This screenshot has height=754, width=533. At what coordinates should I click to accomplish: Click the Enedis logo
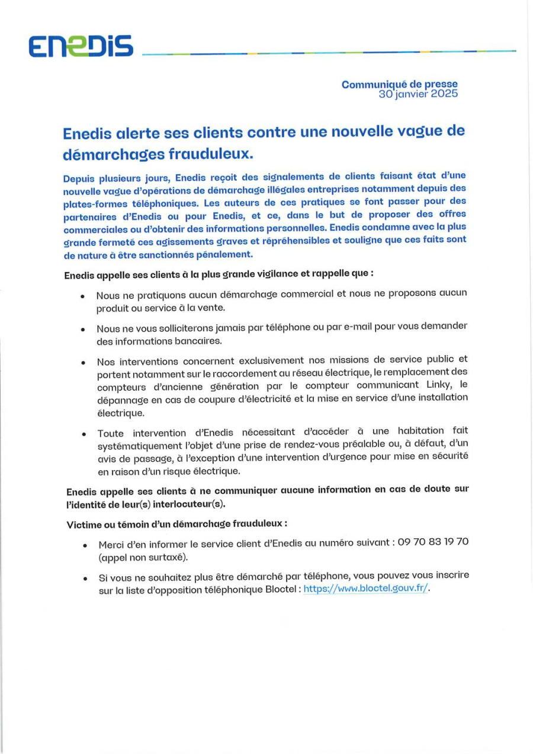[82, 47]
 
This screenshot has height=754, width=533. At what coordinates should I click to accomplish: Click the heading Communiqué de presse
[399, 85]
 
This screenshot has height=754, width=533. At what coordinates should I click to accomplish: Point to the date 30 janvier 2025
[418, 94]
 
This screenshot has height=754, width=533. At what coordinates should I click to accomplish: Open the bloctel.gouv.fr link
[365, 589]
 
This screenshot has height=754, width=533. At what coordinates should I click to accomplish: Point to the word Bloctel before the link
[282, 589]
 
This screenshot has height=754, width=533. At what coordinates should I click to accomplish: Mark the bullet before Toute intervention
[84, 434]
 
